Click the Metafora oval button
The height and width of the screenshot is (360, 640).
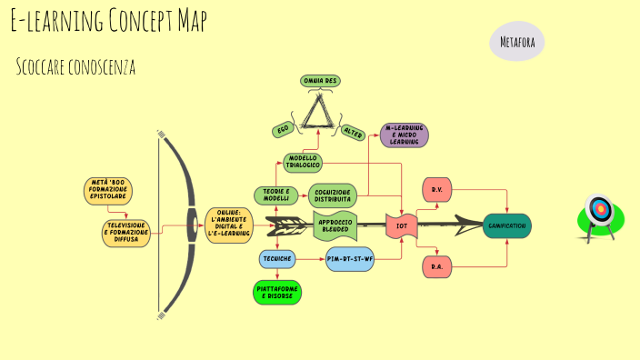click(x=517, y=41)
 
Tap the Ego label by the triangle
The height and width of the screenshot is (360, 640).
click(x=283, y=130)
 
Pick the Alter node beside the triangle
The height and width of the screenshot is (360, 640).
click(x=353, y=133)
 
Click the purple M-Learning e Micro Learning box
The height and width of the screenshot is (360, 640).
click(x=404, y=135)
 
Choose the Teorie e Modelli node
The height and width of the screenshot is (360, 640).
click(x=275, y=195)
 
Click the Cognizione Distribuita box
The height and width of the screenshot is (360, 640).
click(x=334, y=195)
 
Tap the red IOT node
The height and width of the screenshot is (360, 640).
click(x=402, y=225)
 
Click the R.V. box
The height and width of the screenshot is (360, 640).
click(x=437, y=190)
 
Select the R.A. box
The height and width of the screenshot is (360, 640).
click(x=437, y=266)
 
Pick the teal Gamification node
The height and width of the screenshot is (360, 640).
click(x=507, y=225)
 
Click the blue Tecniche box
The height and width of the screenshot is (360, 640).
click(x=277, y=259)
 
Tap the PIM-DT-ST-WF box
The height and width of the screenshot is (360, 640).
click(x=350, y=259)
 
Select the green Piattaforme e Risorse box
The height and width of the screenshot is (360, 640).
click(x=277, y=292)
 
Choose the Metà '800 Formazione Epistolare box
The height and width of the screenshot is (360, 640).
click(x=108, y=191)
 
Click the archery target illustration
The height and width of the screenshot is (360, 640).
click(x=599, y=215)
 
